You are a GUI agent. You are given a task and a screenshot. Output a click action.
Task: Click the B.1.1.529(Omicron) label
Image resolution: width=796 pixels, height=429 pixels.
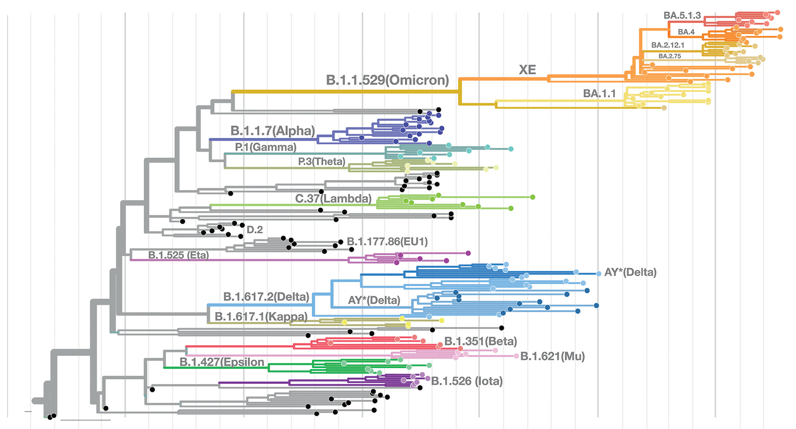[x=387, y=80]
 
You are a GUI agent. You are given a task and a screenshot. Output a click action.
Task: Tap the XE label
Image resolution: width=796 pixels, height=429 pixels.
[x=527, y=70]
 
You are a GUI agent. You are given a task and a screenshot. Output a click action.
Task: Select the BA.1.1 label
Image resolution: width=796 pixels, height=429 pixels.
[x=599, y=93]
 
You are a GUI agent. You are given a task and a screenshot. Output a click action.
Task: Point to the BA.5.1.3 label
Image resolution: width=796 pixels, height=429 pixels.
[x=682, y=15]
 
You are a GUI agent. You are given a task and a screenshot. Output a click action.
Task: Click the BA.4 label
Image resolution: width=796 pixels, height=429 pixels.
[x=686, y=32]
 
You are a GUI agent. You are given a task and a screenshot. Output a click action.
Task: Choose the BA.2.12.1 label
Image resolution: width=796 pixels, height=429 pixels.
[x=667, y=45]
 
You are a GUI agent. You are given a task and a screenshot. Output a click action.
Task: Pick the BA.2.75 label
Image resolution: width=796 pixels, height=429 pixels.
[x=669, y=56]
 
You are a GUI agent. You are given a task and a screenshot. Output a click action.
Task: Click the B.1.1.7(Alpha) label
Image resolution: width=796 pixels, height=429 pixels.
[x=272, y=131]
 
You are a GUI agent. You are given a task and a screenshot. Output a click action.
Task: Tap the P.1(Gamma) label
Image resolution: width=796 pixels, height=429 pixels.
[x=266, y=147]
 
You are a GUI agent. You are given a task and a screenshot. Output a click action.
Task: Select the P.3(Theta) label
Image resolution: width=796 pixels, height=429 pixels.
[x=322, y=162]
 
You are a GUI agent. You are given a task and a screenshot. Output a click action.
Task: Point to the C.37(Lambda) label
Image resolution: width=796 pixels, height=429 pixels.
[x=333, y=199]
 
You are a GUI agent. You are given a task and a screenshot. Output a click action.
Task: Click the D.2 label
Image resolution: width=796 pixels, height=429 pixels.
[x=255, y=230]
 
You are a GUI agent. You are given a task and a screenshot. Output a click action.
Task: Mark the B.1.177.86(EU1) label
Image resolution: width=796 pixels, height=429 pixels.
[x=387, y=242]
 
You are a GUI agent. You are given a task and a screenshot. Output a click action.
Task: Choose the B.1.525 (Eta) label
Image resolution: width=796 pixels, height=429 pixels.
[x=179, y=255]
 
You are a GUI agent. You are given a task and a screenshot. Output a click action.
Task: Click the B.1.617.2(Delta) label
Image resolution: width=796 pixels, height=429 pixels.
[x=266, y=297]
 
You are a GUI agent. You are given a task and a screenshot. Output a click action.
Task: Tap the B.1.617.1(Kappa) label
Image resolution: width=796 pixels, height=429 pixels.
[x=261, y=316]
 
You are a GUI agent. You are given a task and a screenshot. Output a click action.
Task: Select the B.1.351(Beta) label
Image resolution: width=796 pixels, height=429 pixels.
[x=480, y=341]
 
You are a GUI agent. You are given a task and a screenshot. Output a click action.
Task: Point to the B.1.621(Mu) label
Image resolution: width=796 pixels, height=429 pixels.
[x=552, y=356]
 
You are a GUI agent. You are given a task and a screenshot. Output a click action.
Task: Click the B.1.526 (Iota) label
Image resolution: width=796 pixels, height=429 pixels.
[x=467, y=381]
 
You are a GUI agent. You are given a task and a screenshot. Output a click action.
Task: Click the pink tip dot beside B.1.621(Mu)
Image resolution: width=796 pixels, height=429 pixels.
[x=516, y=356]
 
